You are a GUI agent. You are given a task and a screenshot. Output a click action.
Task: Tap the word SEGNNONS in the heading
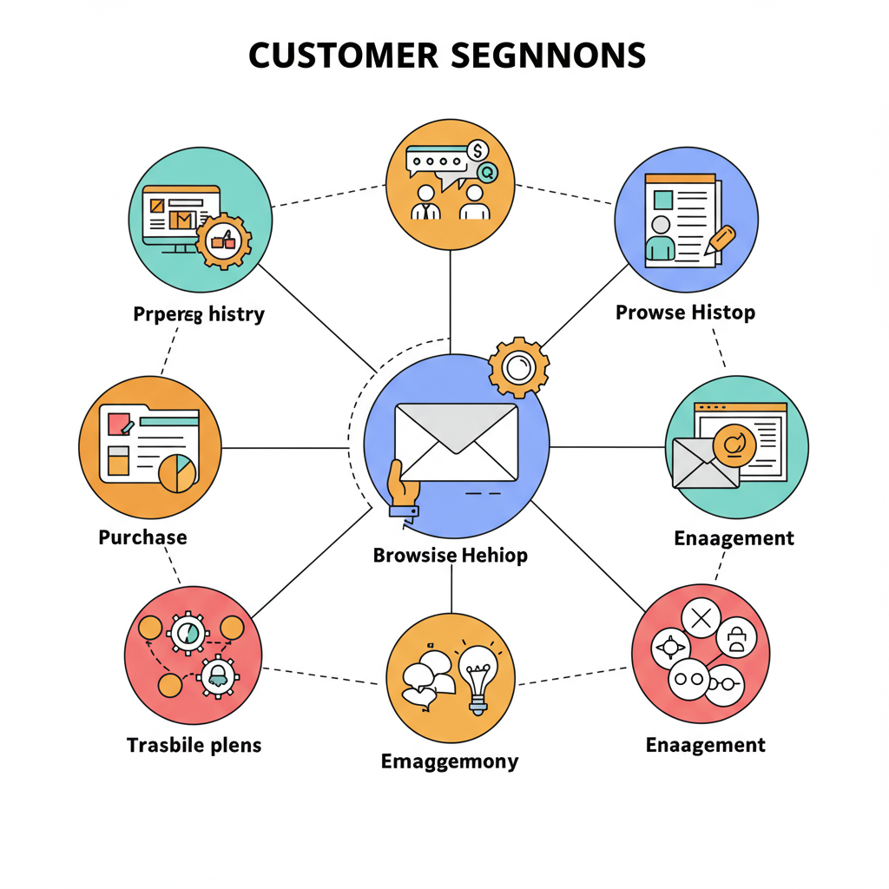548,56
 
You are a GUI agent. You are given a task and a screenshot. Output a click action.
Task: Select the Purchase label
142,537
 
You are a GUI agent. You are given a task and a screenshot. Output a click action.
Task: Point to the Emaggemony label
450,761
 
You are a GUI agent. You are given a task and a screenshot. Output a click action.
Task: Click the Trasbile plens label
194,745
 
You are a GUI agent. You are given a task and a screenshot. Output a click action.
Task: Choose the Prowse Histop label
685,313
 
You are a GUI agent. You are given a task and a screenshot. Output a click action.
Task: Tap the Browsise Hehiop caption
450,555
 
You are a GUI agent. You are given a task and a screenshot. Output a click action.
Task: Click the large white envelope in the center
456,443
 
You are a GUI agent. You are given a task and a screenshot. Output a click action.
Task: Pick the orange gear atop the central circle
518,367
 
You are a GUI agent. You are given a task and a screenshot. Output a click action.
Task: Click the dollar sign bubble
477,151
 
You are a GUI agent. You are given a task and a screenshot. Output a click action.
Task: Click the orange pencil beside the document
720,239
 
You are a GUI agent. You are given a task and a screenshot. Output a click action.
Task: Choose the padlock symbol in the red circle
737,639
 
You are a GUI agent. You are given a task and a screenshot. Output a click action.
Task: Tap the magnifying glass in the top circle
486,173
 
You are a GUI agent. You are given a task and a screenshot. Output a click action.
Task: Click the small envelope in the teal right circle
704,462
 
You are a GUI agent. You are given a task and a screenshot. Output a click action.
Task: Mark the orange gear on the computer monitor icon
223,240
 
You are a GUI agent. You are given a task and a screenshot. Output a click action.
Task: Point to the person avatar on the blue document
660,236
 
